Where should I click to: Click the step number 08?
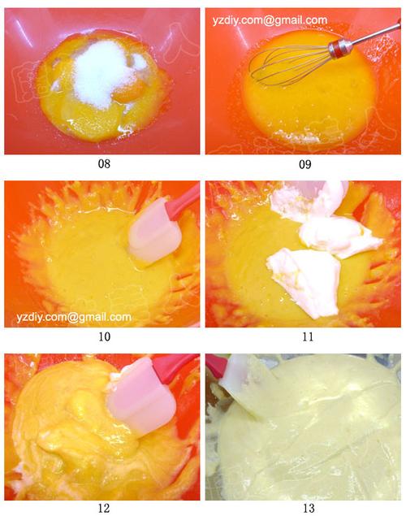104,164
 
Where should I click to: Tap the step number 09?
304,164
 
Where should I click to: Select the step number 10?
104,336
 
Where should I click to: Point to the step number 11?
308,336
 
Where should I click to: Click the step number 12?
104,508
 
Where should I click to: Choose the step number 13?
309,508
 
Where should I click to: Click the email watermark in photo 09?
270,20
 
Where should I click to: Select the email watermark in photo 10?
74,317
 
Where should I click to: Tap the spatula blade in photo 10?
154,230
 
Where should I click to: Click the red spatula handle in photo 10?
184,202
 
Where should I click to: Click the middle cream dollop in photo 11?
339,236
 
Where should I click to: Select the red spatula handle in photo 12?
176,364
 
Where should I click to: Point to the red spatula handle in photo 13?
217,366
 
